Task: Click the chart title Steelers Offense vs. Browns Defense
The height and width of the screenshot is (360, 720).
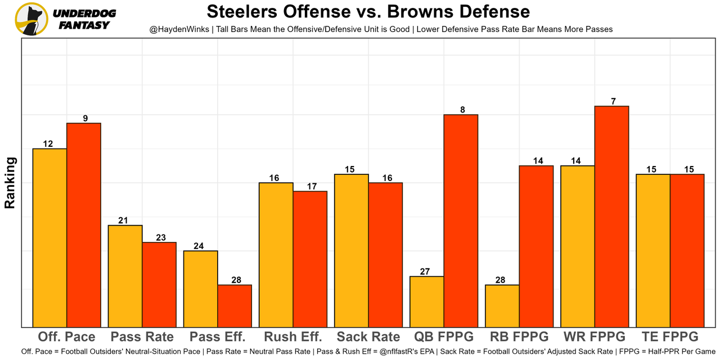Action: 368,12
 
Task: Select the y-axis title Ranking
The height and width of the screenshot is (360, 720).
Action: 10,183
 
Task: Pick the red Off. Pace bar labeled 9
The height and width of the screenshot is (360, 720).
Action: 84,224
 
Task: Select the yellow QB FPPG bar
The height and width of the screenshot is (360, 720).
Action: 427,301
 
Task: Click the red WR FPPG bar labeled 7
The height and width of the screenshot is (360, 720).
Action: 611,216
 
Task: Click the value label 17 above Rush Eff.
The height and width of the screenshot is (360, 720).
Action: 310,186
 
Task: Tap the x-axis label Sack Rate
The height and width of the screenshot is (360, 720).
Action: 368,337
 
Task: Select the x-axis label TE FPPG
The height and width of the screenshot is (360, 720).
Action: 670,337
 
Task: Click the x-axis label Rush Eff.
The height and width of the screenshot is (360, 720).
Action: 293,337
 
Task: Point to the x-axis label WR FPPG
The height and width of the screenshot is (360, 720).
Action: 595,337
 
